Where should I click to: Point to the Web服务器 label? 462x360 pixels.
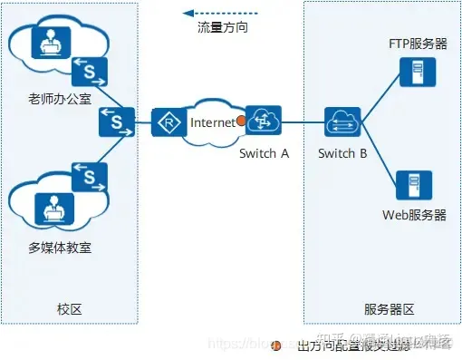coord(415,215)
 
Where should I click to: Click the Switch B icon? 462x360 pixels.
coord(345,121)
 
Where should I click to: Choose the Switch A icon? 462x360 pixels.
coord(264,120)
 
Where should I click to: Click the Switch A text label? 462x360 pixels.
coord(264,153)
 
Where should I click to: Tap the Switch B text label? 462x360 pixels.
coord(342,153)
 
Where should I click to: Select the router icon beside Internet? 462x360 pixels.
coord(168,122)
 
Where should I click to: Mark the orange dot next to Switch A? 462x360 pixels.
coord(241,122)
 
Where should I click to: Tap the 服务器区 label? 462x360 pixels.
coord(389,309)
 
